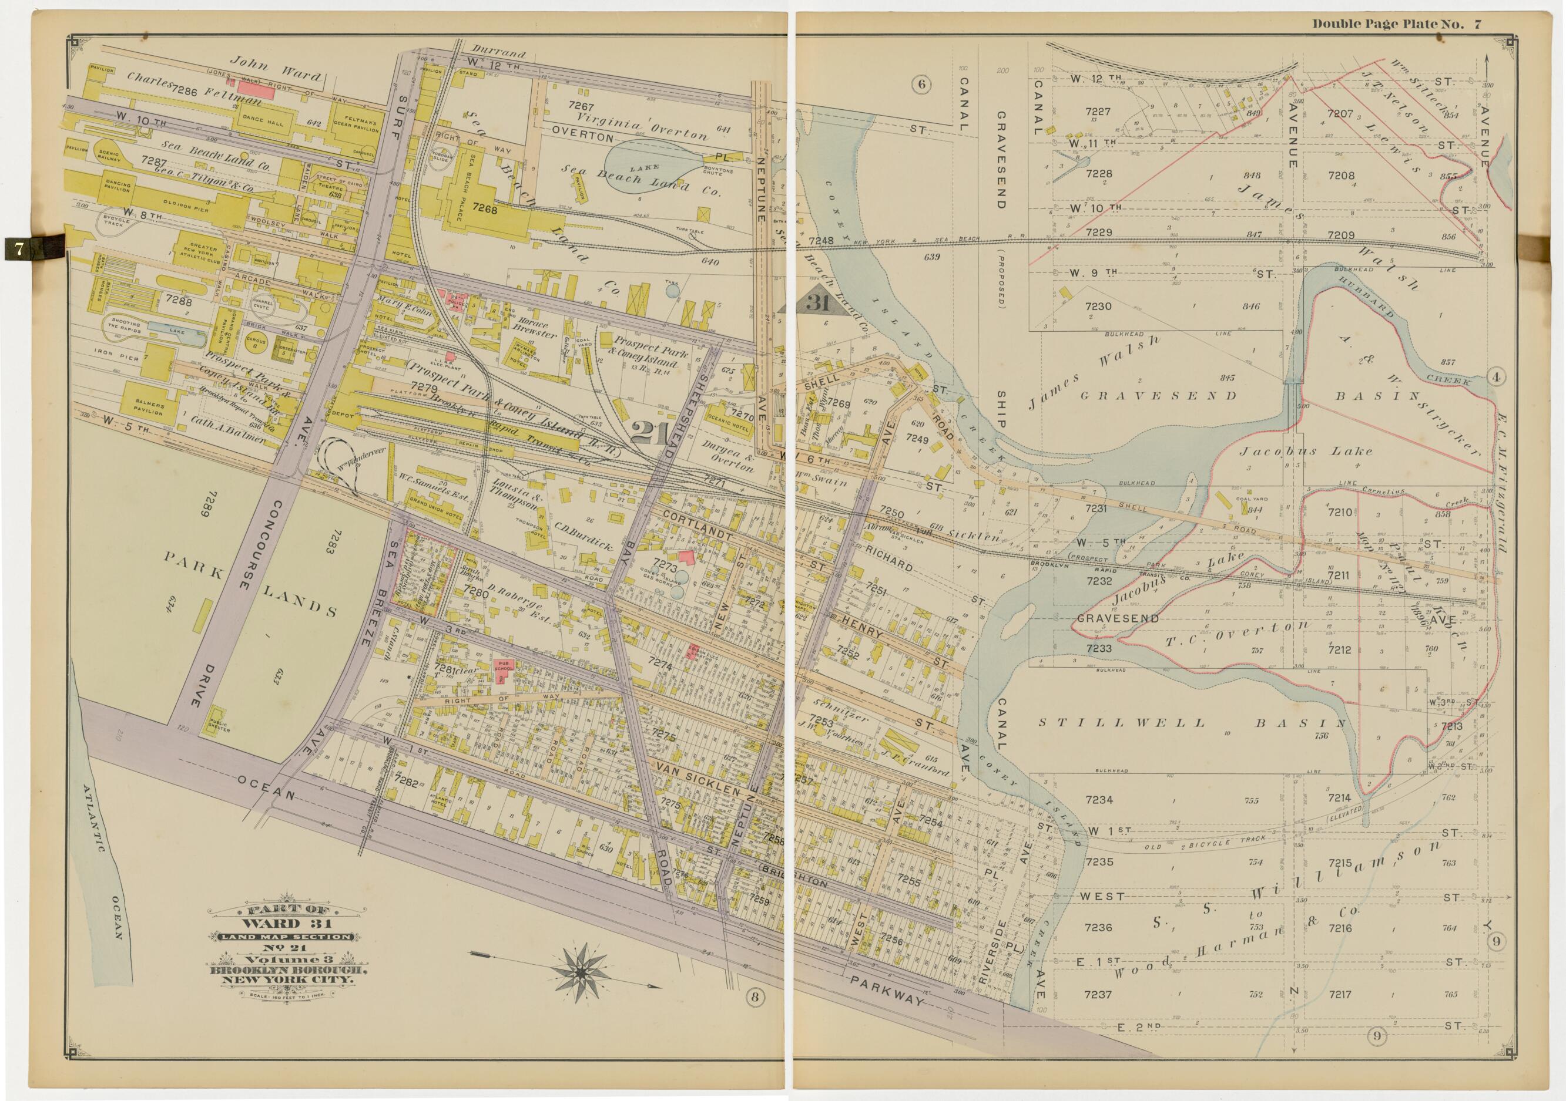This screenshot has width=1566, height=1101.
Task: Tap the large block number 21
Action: pos(650,433)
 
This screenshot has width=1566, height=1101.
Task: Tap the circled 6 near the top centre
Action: pos(921,85)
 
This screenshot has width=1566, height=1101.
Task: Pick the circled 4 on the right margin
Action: pos(1494,377)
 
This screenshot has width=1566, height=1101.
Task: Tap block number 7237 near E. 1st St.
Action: pos(1098,995)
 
